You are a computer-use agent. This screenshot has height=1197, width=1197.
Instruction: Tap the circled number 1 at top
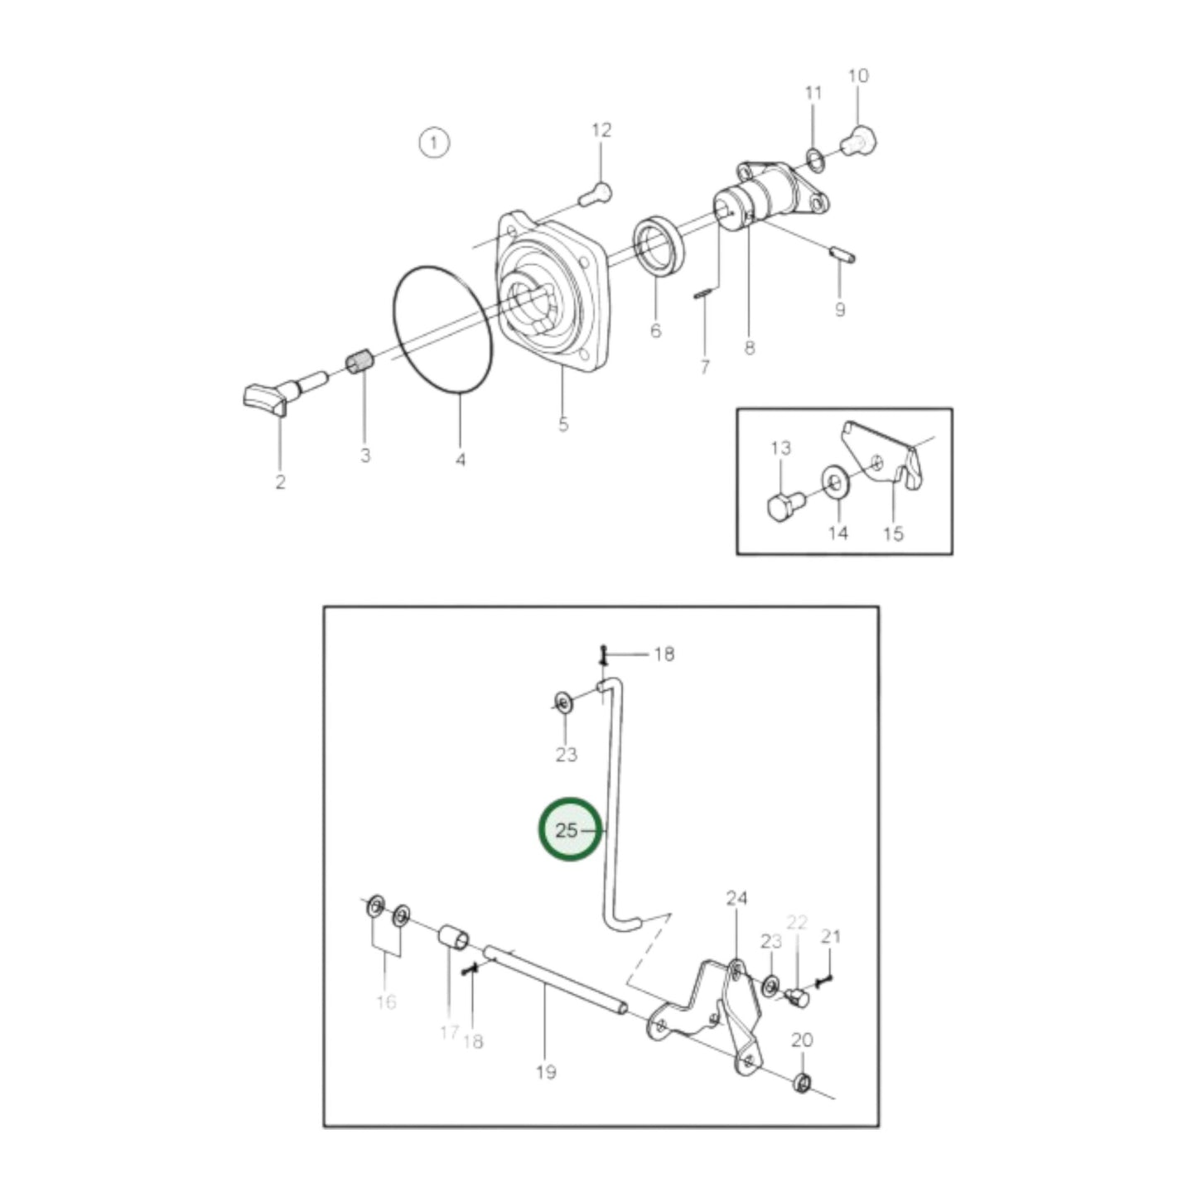[x=433, y=142]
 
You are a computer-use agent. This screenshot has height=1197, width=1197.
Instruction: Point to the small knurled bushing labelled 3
[x=359, y=364]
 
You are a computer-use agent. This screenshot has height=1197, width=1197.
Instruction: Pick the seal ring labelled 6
[x=658, y=244]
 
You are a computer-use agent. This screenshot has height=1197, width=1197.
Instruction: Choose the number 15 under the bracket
[x=893, y=533]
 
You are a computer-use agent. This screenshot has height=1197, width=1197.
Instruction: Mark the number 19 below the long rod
[x=545, y=1072]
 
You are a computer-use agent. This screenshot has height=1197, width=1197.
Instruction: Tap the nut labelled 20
[x=802, y=1082]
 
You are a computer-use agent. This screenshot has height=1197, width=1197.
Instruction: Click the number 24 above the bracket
[x=737, y=898]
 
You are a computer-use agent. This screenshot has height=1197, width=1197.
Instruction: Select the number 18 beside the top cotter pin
[x=664, y=654]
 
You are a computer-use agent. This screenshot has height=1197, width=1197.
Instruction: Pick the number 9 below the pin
[x=840, y=309]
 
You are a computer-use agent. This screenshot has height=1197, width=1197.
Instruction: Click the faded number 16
[x=386, y=1002]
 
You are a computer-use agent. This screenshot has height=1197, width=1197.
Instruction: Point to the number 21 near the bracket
[x=830, y=936]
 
